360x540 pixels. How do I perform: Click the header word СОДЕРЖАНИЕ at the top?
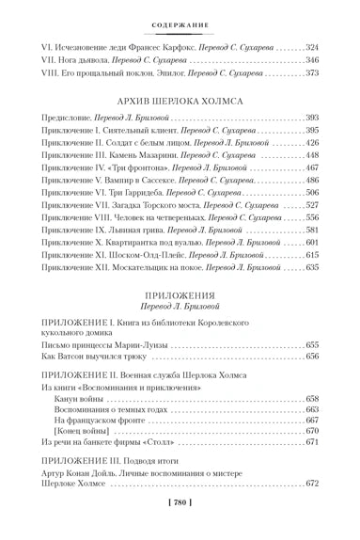coord(180,13)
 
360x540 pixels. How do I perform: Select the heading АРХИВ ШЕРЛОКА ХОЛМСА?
coord(180,99)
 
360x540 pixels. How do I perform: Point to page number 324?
coord(311,46)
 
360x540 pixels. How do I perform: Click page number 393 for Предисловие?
coord(311,117)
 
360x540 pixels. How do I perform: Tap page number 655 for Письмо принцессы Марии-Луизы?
coord(311,344)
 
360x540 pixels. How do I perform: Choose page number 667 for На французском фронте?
coord(311,420)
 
